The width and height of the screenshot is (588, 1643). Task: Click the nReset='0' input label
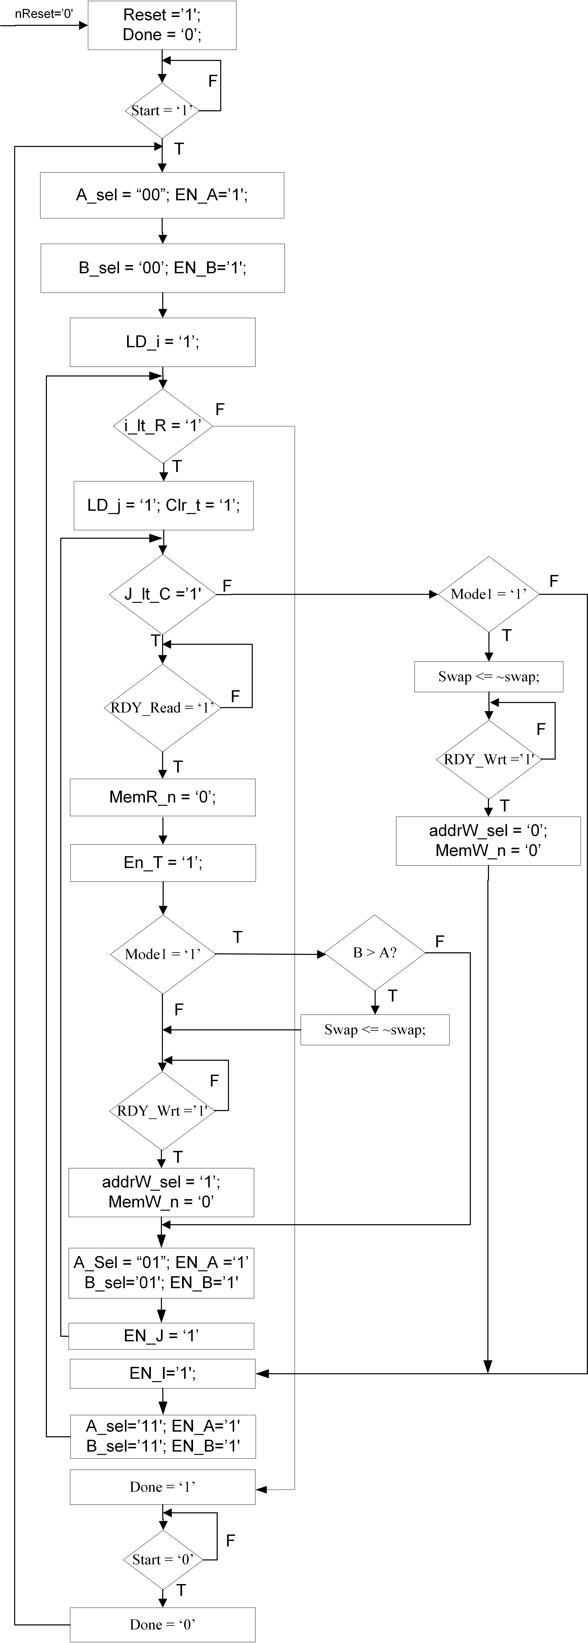pyautogui.click(x=43, y=13)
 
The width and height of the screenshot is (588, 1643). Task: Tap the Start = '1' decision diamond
pyautogui.click(x=162, y=110)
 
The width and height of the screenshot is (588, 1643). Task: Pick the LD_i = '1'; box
pyautogui.click(x=162, y=342)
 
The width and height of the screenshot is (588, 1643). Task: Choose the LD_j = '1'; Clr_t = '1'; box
pyautogui.click(x=163, y=505)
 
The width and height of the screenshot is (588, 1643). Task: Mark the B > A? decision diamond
pyautogui.click(x=375, y=953)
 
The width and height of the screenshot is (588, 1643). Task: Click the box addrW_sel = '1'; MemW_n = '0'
pyautogui.click(x=161, y=1192)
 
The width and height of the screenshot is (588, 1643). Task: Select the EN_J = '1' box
pyautogui.click(x=161, y=1336)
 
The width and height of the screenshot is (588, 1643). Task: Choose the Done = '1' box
pyautogui.click(x=162, y=1487)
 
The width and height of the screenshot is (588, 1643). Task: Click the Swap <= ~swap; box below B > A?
pyautogui.click(x=375, y=1029)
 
